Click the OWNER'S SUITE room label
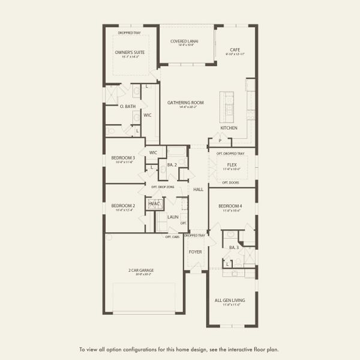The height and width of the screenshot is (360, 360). coord(131,53)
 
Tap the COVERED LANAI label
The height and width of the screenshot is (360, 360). coord(184,41)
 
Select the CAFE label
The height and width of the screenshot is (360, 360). coord(235,50)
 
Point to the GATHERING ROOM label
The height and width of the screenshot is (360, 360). coord(185,103)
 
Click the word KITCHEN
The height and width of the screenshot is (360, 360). coord(229,128)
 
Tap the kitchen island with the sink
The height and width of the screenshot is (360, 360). coord(227,103)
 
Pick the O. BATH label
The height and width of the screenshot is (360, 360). coord(127,106)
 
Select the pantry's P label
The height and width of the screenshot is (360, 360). coord(220,142)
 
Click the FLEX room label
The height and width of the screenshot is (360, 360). coord(232,164)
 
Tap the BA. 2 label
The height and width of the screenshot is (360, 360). coord(171,164)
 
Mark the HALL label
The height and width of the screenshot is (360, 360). coord(199,189)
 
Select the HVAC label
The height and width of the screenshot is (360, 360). coord(155,205)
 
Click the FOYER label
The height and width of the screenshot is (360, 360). coord(196,251)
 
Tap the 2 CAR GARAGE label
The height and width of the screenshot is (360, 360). coord(141,270)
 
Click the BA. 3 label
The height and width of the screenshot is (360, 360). coord(234,247)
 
